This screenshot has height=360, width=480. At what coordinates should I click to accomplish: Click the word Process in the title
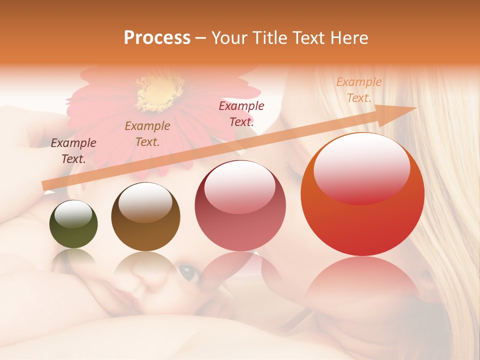point(157,38)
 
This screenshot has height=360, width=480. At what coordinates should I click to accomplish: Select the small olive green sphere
point(73,225)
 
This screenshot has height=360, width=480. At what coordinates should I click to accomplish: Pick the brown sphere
point(145,217)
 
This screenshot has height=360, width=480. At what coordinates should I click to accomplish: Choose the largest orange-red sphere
point(362,194)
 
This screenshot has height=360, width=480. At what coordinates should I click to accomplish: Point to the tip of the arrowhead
point(416,108)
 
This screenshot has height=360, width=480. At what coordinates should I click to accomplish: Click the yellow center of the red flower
point(159,92)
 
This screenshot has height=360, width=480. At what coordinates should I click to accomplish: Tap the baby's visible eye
point(188,272)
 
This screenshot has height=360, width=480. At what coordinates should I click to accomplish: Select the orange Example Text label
point(358,90)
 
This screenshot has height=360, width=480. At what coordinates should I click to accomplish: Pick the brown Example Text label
point(147,134)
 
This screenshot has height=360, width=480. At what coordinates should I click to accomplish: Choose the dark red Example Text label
point(241,113)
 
